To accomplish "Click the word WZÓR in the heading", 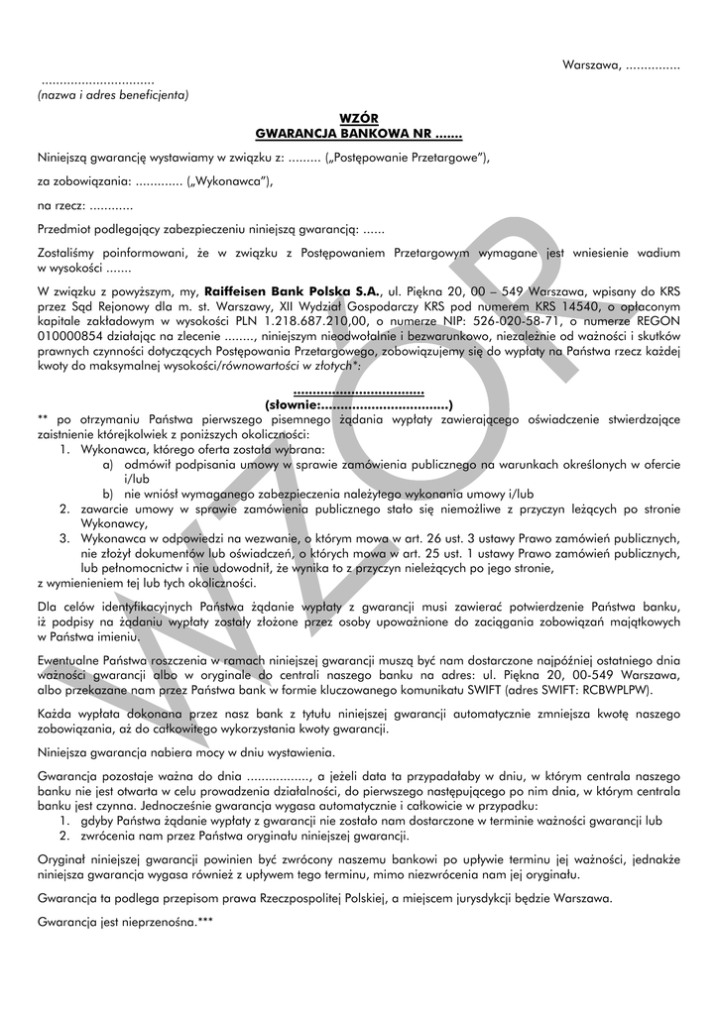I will (359, 118).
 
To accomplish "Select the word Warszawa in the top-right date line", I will (591, 65).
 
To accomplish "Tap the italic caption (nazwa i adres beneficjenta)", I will (113, 95).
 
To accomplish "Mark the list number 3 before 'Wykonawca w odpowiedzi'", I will (61, 536).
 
